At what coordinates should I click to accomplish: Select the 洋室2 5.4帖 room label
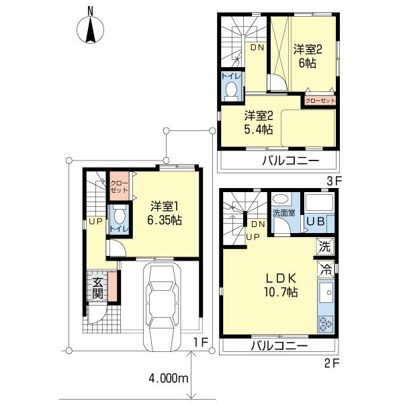tap(258, 122)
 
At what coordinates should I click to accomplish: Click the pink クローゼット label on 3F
tap(319, 100)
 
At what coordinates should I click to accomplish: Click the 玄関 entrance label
tap(97, 287)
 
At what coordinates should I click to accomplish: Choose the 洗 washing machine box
tap(325, 247)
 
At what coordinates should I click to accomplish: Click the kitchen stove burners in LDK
tap(326, 324)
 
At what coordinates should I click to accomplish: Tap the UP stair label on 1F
tap(95, 221)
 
